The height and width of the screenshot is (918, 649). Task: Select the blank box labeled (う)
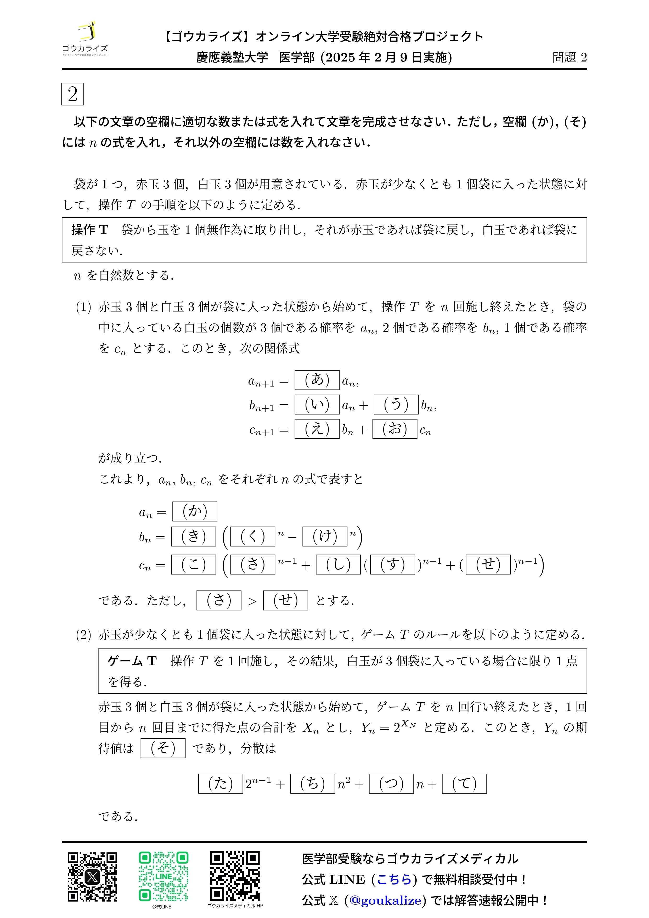[396, 404]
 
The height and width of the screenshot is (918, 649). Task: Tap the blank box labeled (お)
[394, 429]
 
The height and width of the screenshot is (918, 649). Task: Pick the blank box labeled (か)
[195, 511]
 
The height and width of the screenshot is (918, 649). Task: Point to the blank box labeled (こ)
[193, 564]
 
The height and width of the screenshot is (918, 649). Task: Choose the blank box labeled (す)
[392, 564]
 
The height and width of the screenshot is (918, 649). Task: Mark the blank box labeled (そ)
[163, 748]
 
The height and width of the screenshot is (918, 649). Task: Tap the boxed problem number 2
[72, 94]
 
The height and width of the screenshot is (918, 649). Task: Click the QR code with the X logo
[92, 877]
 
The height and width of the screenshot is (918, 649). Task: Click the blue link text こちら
[394, 879]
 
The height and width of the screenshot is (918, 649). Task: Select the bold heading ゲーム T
[132, 661]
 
